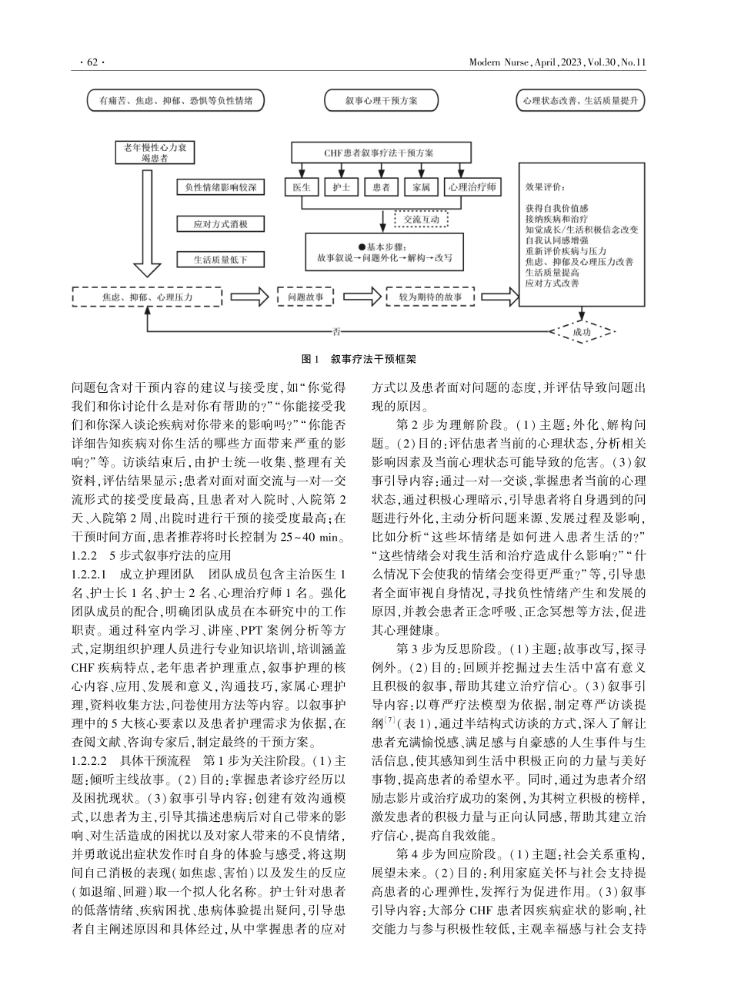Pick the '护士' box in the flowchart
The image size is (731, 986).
click(341, 187)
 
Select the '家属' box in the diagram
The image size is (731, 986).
click(421, 187)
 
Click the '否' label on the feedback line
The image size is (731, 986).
click(336, 332)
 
